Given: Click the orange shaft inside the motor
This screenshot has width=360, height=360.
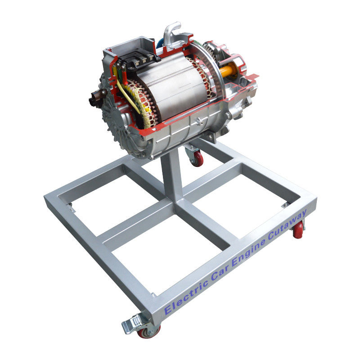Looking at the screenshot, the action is [x=228, y=70].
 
